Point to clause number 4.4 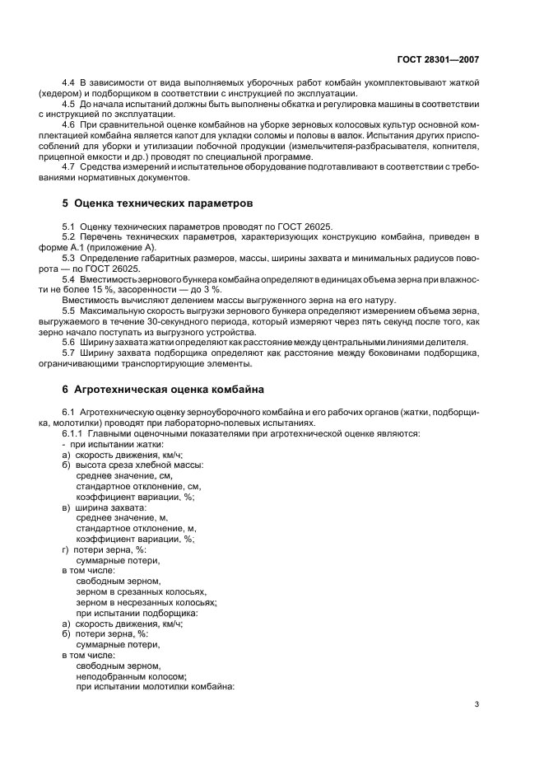point(70,83)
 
